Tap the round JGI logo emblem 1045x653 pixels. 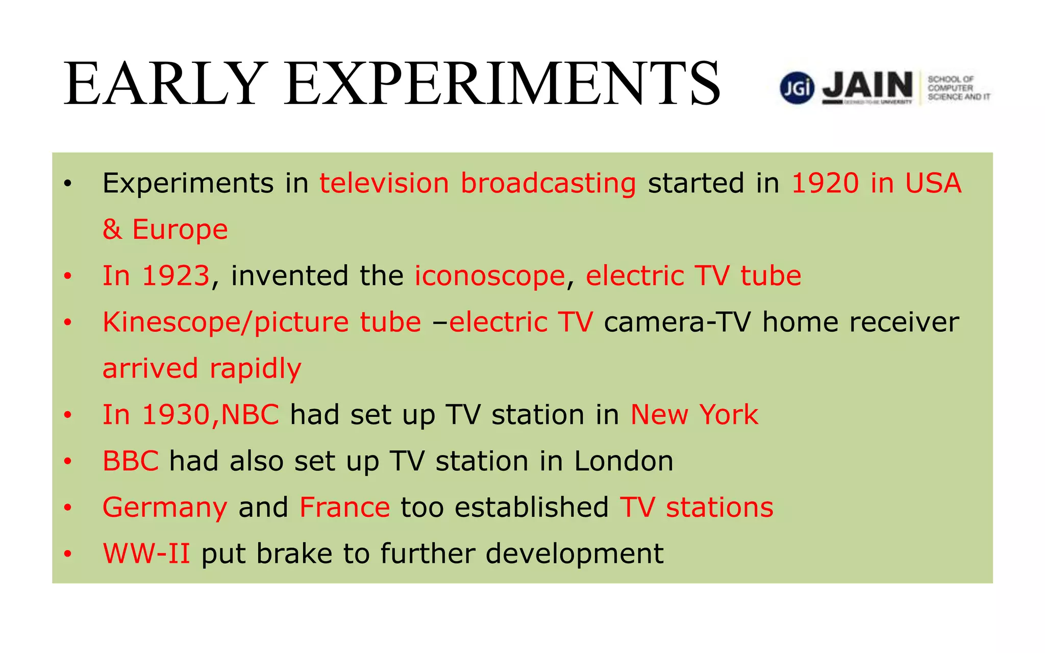[x=797, y=88]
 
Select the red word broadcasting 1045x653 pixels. [x=548, y=183]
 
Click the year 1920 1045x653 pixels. [x=825, y=183]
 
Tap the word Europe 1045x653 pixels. [x=180, y=230]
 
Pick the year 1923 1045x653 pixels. [x=176, y=276]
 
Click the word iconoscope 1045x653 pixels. [x=489, y=276]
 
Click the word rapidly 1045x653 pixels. [x=256, y=369]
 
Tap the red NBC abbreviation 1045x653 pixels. [x=250, y=415]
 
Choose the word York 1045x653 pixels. [x=729, y=415]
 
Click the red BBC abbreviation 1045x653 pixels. [x=131, y=461]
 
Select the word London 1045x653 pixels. [x=624, y=461]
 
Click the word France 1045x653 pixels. [x=344, y=508]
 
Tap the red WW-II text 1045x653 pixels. [x=146, y=554]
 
